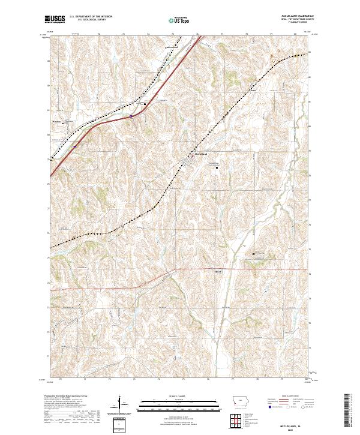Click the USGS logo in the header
pos(55,19)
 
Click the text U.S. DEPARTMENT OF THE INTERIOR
pos(91,16)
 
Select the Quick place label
pos(218,271)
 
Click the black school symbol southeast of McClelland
pos(217,168)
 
